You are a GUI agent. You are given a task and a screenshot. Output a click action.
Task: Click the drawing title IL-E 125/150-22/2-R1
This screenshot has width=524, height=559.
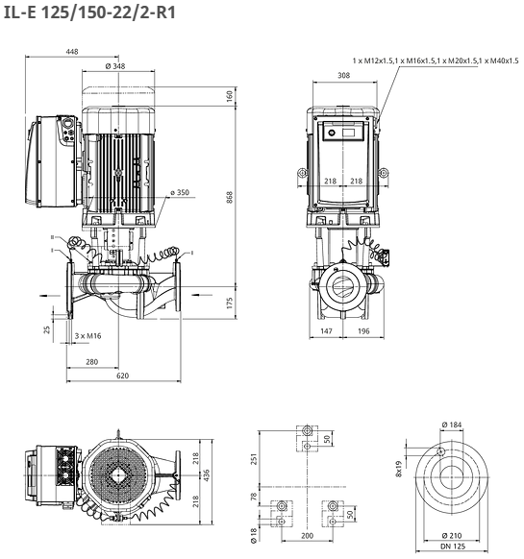coord(89,12)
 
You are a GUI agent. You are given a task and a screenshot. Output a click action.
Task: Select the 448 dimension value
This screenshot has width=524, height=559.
coord(72,52)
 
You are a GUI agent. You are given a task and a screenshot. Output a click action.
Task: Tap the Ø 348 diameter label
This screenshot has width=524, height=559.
coord(115,66)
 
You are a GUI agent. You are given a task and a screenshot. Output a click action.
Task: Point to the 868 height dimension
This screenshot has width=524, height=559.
coord(230,197)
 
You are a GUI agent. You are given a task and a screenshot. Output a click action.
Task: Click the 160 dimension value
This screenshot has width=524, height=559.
coord(230,96)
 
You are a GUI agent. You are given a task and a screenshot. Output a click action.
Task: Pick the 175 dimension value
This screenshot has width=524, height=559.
coord(230,303)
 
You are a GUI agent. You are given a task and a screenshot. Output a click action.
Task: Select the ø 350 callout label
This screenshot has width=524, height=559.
coord(180,192)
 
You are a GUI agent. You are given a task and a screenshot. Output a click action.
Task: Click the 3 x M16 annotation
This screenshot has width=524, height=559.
coord(87,336)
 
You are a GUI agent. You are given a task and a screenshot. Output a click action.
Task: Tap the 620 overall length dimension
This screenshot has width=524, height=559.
coord(122,376)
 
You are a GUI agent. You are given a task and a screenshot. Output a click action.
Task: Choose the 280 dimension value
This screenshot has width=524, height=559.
coord(91,362)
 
